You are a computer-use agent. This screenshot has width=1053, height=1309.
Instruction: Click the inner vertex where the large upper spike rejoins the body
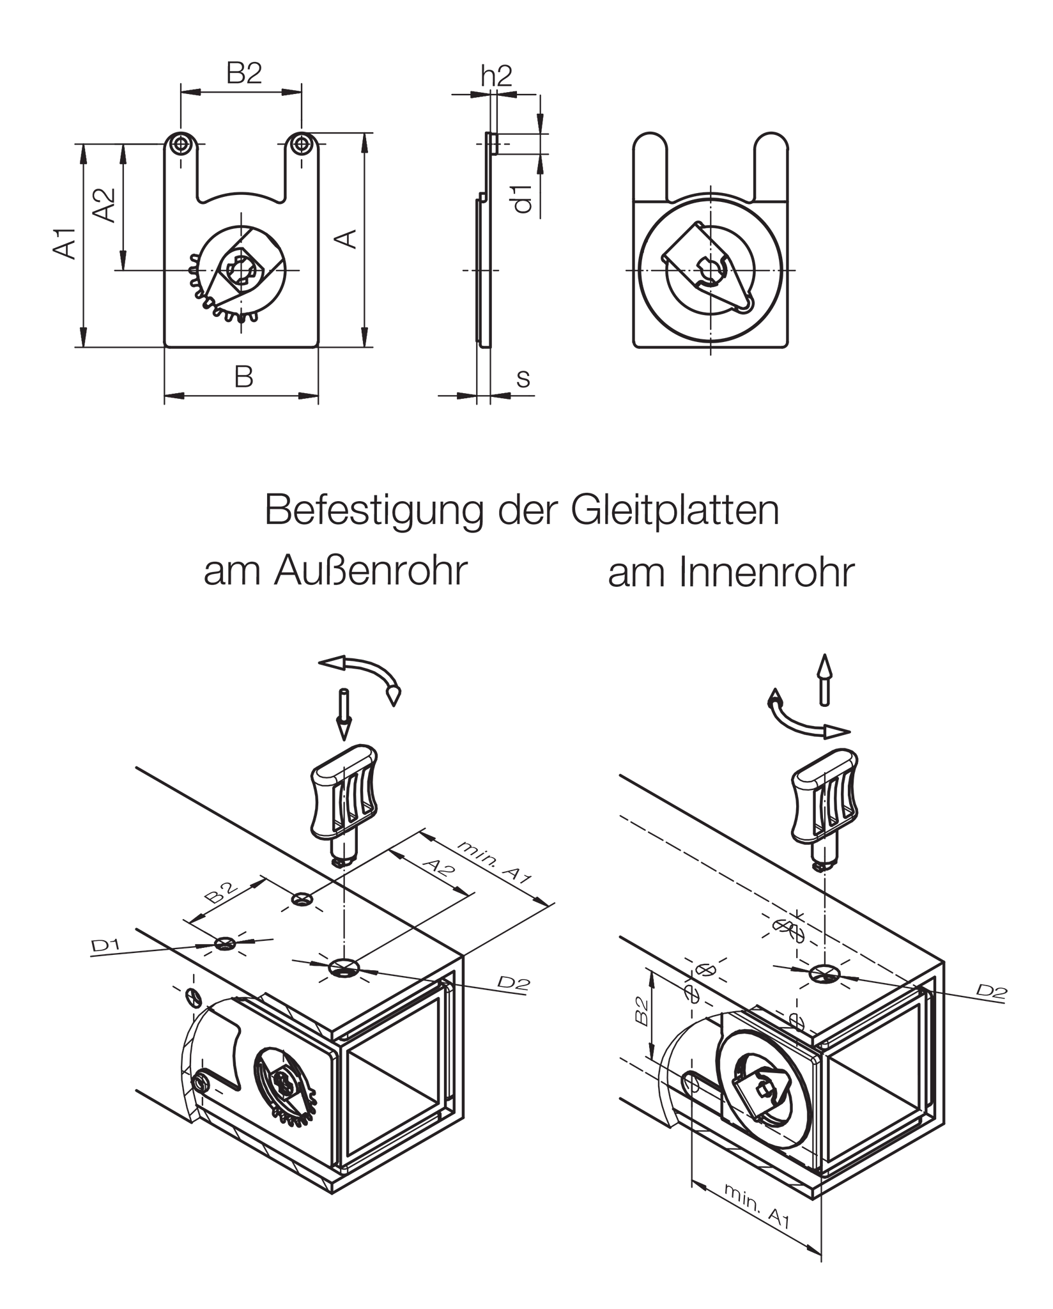coord(305,871)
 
